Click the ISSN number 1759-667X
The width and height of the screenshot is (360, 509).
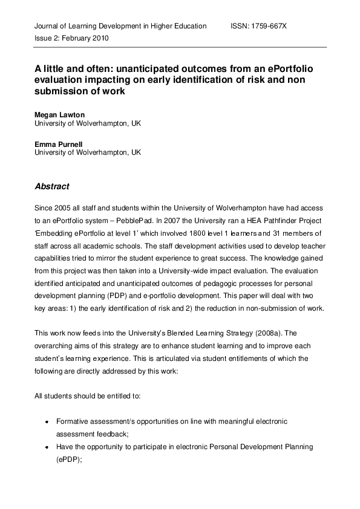(270, 27)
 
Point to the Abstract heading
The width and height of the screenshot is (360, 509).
(52, 187)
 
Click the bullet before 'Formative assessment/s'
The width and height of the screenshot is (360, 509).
(47, 421)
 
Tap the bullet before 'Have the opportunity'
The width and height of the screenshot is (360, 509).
(47, 448)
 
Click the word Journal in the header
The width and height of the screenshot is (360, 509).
(47, 27)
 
